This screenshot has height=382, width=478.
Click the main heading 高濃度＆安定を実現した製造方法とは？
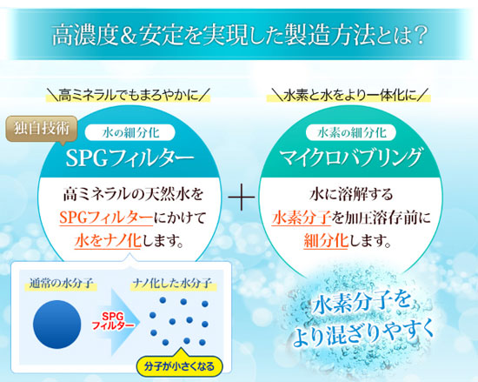pos(239,35)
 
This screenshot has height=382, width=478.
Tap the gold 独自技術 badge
pos(42,129)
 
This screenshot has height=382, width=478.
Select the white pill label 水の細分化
pos(130,133)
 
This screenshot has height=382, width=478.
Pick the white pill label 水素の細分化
pos(351,133)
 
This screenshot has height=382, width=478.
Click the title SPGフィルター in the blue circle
pos(129,158)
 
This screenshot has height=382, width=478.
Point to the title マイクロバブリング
pos(350,157)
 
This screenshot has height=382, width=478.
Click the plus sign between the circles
pos(241,198)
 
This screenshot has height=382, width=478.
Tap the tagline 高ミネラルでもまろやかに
pos(128,95)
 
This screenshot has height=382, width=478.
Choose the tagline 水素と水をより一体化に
pos(349,95)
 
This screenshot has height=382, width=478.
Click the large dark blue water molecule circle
pos(57,324)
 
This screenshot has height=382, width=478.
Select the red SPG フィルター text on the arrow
pos(113,321)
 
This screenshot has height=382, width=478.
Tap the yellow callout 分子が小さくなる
pos(180,366)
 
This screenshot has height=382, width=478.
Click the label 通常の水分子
pos(61,284)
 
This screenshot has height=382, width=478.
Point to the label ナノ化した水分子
pos(172,284)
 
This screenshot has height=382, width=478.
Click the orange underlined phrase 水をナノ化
pos(108,241)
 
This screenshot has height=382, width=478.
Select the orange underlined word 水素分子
pos(302,218)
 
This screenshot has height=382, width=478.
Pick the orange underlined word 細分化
pos(326,241)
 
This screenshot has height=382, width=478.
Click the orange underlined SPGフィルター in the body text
pos(106,218)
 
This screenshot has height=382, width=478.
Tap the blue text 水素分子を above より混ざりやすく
pos(362,304)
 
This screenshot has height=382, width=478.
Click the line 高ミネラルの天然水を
pos(133,194)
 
